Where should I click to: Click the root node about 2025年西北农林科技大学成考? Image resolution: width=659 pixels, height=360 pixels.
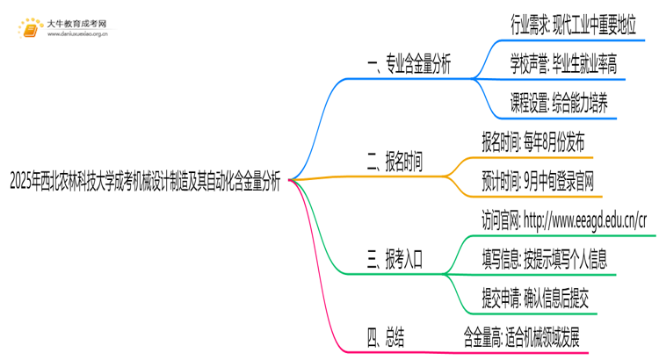click(x=145, y=183)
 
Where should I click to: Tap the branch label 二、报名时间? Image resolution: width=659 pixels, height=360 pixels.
click(x=395, y=162)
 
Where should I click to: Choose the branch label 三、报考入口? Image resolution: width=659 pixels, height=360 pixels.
click(x=395, y=259)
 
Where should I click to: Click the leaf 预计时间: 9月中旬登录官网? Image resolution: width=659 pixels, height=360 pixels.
click(x=538, y=184)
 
